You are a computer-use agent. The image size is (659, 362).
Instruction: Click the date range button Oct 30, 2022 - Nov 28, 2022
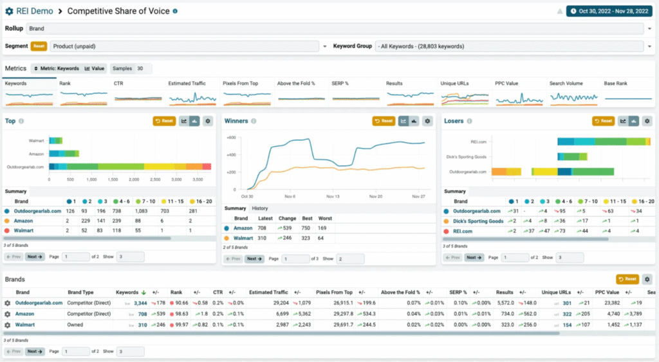pyautogui.click(x=608, y=11)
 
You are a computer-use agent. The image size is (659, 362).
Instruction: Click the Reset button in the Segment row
pyautogui.click(x=39, y=46)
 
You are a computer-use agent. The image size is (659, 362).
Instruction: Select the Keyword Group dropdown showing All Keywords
pyautogui.click(x=508, y=46)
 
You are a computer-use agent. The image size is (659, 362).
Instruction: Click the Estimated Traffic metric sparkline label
pyautogui.click(x=187, y=84)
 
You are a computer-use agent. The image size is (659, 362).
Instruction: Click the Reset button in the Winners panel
pyautogui.click(x=384, y=121)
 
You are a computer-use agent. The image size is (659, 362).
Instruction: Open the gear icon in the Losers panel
pyautogui.click(x=647, y=121)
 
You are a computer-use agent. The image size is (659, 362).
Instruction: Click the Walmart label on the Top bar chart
pyautogui.click(x=37, y=140)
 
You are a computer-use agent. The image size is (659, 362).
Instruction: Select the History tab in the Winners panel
pyautogui.click(x=260, y=208)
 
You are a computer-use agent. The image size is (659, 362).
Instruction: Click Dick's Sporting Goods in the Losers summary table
pyautogui.click(x=479, y=221)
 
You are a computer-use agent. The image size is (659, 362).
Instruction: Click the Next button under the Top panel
pyautogui.click(x=35, y=257)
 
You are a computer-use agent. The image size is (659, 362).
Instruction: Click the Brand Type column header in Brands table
pyautogui.click(x=81, y=293)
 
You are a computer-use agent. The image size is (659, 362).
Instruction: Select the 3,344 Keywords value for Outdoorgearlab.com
pyautogui.click(x=140, y=303)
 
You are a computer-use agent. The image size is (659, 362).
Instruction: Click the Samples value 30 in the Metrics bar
pyautogui.click(x=140, y=68)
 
